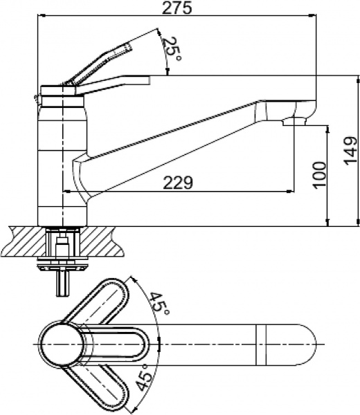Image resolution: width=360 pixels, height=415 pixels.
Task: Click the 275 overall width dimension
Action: (x=177, y=8)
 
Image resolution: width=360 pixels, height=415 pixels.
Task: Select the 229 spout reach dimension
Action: (x=178, y=183)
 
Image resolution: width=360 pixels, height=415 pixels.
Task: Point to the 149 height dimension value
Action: (x=350, y=150)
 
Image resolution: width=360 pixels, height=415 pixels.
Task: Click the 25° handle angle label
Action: (x=172, y=49)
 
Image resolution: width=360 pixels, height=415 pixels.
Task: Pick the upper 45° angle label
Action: (x=159, y=304)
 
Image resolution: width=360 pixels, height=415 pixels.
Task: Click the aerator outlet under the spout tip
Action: (x=294, y=122)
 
